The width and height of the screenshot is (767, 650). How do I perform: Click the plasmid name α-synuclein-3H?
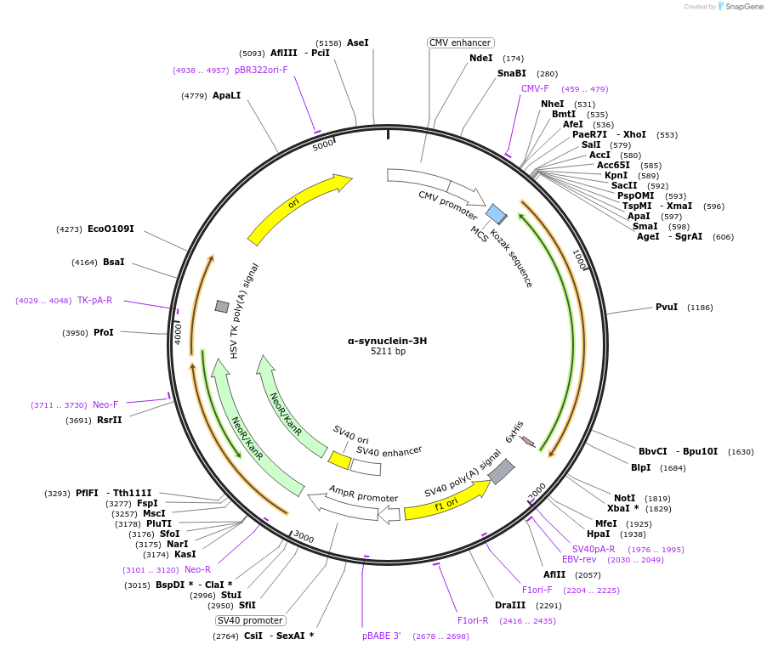click(x=387, y=340)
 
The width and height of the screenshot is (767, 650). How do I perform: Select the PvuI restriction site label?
click(x=666, y=307)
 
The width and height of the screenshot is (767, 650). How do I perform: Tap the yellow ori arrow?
click(x=298, y=206)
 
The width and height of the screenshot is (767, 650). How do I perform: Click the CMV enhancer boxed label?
click(x=460, y=42)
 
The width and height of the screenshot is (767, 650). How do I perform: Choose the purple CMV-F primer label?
click(x=535, y=88)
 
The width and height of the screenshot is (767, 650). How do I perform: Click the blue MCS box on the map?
click(x=496, y=214)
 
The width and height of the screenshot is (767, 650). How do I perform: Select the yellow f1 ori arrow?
click(x=446, y=500)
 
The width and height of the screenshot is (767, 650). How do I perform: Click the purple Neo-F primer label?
click(x=105, y=404)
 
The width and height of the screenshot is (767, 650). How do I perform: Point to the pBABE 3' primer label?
click(x=381, y=636)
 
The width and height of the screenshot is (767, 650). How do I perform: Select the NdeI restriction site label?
click(x=480, y=58)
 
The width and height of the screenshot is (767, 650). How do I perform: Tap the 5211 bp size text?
click(x=388, y=352)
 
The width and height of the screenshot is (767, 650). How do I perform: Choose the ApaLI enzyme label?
click(x=226, y=95)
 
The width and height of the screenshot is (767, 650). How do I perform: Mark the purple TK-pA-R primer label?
click(x=94, y=300)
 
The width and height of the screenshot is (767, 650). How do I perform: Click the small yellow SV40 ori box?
click(x=339, y=460)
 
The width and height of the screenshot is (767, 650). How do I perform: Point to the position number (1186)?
click(x=700, y=308)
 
